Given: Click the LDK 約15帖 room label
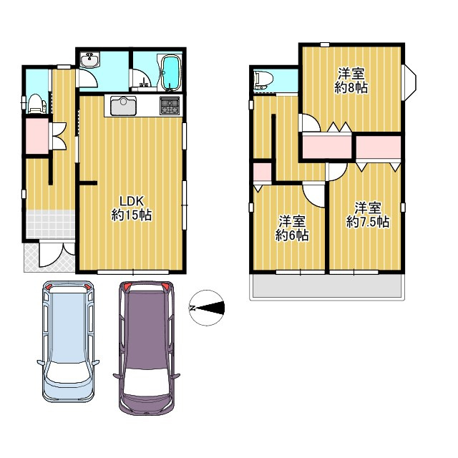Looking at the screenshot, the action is [x=132, y=208].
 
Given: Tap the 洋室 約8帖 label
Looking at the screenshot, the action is [x=351, y=80].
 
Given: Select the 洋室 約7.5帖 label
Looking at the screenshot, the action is [x=368, y=215].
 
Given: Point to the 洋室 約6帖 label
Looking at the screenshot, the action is [x=292, y=228].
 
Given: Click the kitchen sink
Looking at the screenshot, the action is [x=123, y=106].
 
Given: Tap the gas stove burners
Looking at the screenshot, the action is [x=170, y=105].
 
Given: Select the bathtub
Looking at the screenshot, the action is [x=171, y=72].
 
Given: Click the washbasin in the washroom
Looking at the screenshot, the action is [x=90, y=60].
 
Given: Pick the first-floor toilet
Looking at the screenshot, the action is [x=36, y=104].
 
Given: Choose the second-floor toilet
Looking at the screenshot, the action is [x=263, y=80].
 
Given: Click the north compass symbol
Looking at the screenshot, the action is [x=207, y=308].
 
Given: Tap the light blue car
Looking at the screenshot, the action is [x=68, y=341].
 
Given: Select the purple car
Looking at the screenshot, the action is [x=147, y=349].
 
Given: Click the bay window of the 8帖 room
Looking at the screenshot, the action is [x=409, y=83].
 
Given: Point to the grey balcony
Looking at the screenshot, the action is [x=327, y=286].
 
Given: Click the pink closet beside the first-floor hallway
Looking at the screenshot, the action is [x=37, y=136].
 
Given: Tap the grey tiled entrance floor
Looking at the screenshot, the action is [x=50, y=224].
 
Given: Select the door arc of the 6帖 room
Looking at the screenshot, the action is [x=313, y=195].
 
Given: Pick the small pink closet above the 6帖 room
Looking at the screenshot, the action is [x=263, y=172].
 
